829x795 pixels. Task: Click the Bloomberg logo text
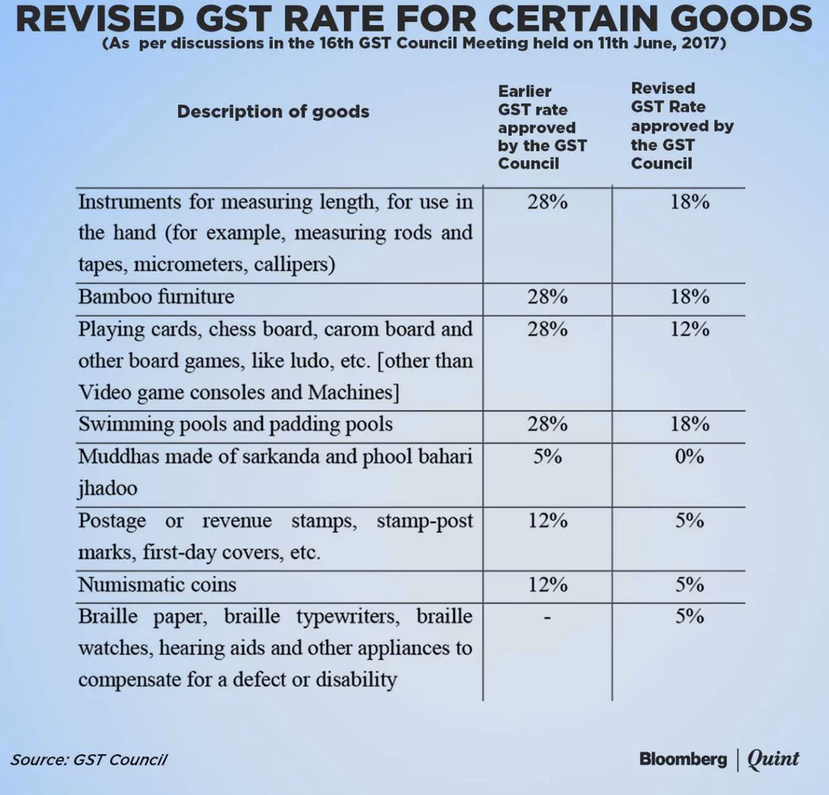pyautogui.click(x=682, y=759)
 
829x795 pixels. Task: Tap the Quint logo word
pyautogui.click(x=772, y=759)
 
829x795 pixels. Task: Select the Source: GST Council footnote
pyautogui.click(x=89, y=759)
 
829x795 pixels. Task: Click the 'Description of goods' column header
pyautogui.click(x=273, y=112)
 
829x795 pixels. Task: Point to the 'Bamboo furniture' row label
pyautogui.click(x=156, y=297)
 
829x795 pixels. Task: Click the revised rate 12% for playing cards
pyautogui.click(x=690, y=329)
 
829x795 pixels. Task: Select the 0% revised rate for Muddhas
pyautogui.click(x=690, y=456)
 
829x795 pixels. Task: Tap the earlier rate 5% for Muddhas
pyautogui.click(x=547, y=456)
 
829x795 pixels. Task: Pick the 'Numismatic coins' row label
pyautogui.click(x=157, y=585)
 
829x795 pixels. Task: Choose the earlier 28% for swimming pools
pyautogui.click(x=547, y=425)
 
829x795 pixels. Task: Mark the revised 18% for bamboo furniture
pyautogui.click(x=690, y=297)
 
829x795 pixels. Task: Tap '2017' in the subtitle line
pyautogui.click(x=704, y=44)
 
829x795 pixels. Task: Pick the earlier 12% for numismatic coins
pyautogui.click(x=547, y=585)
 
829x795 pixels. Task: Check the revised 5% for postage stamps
pyautogui.click(x=690, y=521)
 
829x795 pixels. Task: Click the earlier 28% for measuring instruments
pyautogui.click(x=547, y=201)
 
